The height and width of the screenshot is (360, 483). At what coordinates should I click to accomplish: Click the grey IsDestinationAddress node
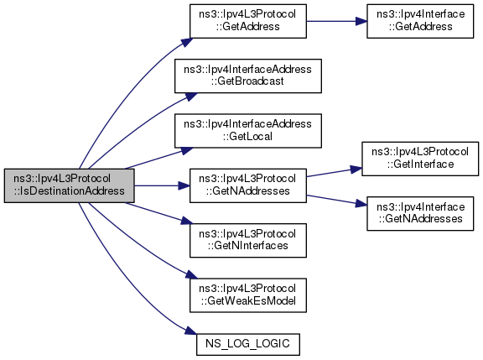click(70, 185)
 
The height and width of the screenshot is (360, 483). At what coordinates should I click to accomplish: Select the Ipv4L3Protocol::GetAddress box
click(248, 21)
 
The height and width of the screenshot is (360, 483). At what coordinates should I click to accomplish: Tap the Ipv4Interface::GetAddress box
click(420, 21)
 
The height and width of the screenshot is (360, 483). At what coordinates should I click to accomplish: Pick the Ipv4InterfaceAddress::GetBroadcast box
click(248, 76)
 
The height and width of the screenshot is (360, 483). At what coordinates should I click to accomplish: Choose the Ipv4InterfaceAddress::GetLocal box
click(248, 131)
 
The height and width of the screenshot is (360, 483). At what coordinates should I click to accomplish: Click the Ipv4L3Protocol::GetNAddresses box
click(248, 185)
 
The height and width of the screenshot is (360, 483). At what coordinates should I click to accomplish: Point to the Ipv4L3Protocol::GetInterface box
click(420, 159)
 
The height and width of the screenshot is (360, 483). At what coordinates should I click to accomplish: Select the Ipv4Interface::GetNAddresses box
click(420, 213)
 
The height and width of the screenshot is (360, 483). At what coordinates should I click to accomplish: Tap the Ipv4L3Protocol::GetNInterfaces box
click(248, 240)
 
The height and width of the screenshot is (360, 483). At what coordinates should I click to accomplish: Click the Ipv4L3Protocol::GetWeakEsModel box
click(248, 295)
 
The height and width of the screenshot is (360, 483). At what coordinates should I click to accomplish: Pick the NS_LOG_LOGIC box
click(248, 344)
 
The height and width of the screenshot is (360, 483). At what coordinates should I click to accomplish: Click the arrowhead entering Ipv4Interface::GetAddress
click(361, 21)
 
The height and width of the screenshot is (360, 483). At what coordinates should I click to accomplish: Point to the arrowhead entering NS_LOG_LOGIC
click(191, 331)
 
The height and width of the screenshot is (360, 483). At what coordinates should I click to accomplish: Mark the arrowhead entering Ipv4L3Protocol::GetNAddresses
click(184, 185)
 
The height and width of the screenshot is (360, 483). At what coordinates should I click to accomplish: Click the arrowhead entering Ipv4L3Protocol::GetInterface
click(356, 170)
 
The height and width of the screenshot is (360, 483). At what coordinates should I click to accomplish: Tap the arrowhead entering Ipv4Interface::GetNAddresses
click(361, 204)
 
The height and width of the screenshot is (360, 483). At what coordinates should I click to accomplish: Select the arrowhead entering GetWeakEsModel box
click(191, 274)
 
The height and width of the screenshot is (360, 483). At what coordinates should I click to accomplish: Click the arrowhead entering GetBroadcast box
click(191, 97)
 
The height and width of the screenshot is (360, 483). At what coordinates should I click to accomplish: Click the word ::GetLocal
click(247, 136)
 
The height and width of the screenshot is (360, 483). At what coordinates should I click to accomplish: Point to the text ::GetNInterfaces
click(247, 246)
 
